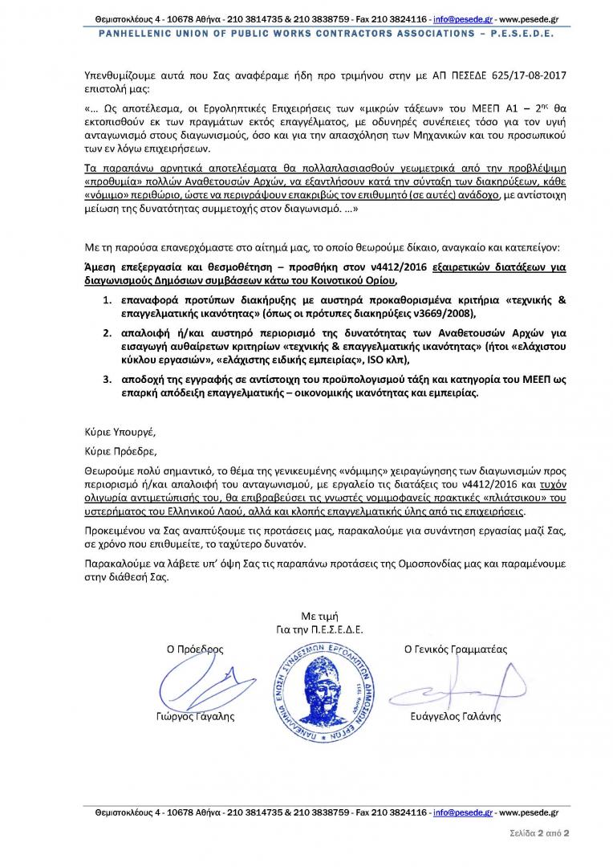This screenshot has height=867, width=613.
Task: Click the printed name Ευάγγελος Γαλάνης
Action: pyautogui.click(x=455, y=716)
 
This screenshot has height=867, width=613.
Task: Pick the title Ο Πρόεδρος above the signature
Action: pyautogui.click(x=194, y=649)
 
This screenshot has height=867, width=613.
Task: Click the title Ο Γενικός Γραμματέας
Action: pyautogui.click(x=455, y=649)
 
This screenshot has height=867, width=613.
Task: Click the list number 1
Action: pyautogui.click(x=106, y=299)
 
